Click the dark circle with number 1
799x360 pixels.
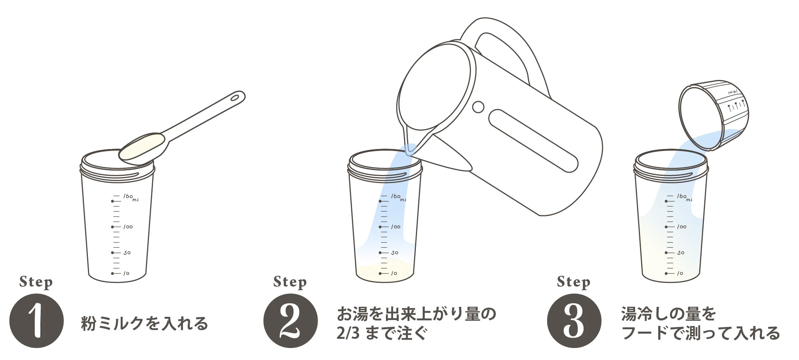coord(36,320)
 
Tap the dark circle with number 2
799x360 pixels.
coord(291,320)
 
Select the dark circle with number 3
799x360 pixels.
coord(574,320)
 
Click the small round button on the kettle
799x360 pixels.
coord(478,107)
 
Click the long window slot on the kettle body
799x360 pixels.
coord(533,140)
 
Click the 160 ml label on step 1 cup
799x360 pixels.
coord(131,197)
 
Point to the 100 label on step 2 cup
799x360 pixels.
coord(396,227)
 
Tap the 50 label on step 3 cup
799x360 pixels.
coord(681,253)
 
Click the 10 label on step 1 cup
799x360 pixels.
coord(126,273)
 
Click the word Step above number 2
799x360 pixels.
coord(290,282)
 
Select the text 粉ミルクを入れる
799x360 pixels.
coord(145,323)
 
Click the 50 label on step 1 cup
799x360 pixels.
coord(127,253)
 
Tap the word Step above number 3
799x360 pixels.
coord(574,282)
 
